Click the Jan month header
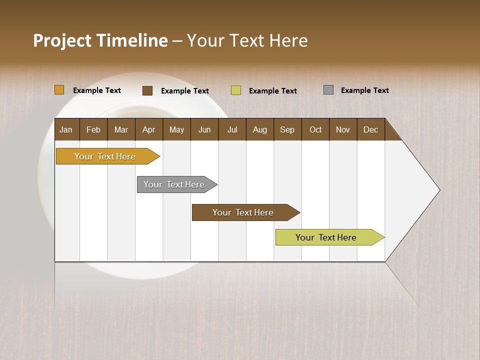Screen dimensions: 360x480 point(66,129)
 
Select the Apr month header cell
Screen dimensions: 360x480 point(149,129)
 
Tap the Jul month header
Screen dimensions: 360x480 point(232,129)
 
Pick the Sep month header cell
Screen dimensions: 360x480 point(287,129)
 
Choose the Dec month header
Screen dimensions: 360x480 point(370,129)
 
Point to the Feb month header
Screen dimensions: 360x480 point(93,129)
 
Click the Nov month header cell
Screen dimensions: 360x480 point(343,129)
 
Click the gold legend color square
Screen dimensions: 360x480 point(59,90)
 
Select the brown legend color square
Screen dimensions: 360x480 point(147,90)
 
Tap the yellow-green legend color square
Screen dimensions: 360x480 point(236,90)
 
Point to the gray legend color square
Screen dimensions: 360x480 point(328,90)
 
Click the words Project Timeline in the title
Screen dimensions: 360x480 point(100,40)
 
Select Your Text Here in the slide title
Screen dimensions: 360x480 point(247,40)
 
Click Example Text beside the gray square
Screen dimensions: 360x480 point(364,90)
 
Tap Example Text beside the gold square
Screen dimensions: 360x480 point(97,90)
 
